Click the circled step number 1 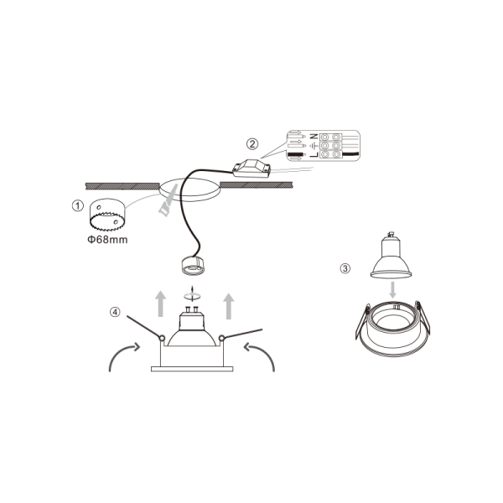click(78, 205)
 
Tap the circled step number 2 click(252, 144)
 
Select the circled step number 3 click(345, 268)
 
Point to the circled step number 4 click(115, 312)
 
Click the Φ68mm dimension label click(107, 240)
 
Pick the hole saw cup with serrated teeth click(107, 215)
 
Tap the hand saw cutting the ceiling click(169, 200)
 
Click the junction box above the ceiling click(251, 169)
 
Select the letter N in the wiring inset click(314, 137)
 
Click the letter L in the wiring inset click(314, 154)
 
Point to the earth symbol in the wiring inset click(314, 146)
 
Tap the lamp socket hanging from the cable click(193, 266)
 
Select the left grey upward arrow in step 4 click(161, 303)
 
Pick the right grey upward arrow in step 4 click(229, 306)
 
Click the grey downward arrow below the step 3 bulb click(392, 290)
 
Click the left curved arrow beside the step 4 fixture click(124, 356)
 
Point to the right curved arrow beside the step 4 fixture click(260, 356)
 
